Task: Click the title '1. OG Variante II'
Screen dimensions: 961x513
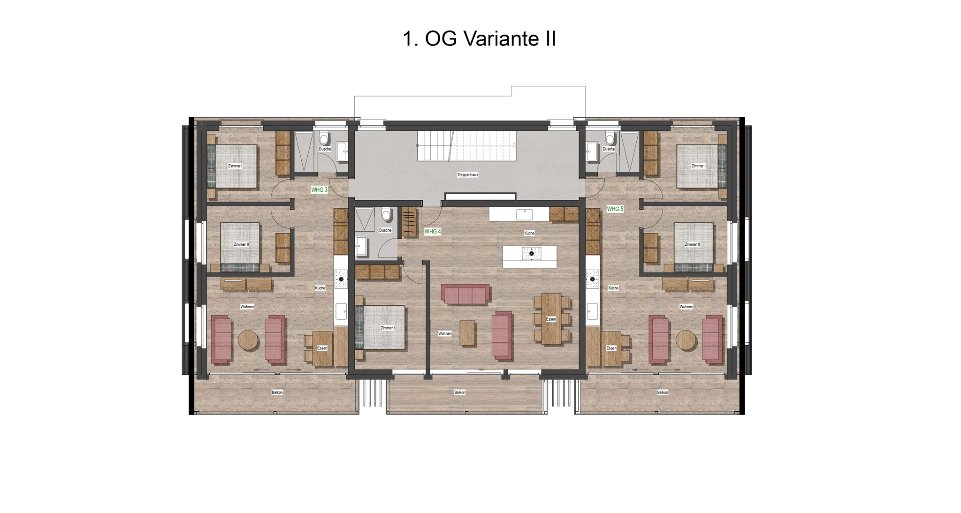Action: pyautogui.click(x=479, y=38)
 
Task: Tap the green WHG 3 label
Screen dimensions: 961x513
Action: pyautogui.click(x=319, y=190)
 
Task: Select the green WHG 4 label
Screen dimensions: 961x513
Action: pyautogui.click(x=433, y=232)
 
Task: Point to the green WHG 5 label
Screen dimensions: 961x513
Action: pyautogui.click(x=615, y=209)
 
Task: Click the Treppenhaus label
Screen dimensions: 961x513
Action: pyautogui.click(x=468, y=175)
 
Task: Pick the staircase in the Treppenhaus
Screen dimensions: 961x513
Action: pyautogui.click(x=467, y=146)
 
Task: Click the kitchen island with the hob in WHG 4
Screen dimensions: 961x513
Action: pyautogui.click(x=530, y=256)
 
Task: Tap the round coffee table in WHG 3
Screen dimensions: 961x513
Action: pyautogui.click(x=248, y=340)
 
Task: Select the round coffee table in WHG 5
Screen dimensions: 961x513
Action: pyautogui.click(x=686, y=340)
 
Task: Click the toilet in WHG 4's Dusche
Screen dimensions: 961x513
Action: pyautogui.click(x=387, y=215)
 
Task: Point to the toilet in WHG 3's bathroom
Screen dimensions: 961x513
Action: pyautogui.click(x=324, y=138)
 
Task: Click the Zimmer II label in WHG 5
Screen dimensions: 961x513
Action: pyautogui.click(x=692, y=244)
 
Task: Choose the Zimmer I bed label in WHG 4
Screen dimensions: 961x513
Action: pyautogui.click(x=388, y=328)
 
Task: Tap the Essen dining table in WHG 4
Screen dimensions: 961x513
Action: pyautogui.click(x=551, y=319)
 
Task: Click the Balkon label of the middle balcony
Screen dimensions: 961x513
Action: pyautogui.click(x=460, y=392)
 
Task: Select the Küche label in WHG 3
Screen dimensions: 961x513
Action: pyautogui.click(x=320, y=288)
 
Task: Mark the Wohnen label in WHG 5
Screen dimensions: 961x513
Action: pyautogui.click(x=686, y=307)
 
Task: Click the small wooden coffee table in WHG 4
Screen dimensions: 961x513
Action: pyautogui.click(x=467, y=333)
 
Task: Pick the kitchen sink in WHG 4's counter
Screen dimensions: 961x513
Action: pyautogui.click(x=525, y=215)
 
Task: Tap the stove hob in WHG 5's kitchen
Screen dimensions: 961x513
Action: pyautogui.click(x=593, y=279)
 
